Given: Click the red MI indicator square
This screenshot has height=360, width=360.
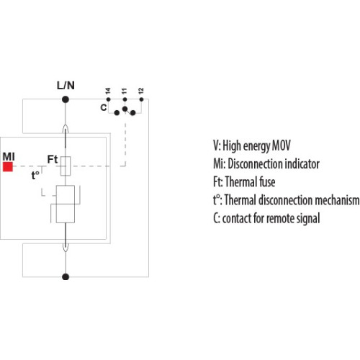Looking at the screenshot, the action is (8, 167).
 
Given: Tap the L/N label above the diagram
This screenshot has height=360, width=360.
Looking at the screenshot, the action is (66, 86).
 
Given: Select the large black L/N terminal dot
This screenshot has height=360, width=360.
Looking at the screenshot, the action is (66, 99).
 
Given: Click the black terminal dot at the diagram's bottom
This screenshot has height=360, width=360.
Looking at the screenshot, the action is (66, 276).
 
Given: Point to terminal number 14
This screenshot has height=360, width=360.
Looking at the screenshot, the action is (108, 91).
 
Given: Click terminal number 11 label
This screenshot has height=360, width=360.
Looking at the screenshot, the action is (124, 91).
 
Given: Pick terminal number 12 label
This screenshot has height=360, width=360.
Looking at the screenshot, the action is (141, 91).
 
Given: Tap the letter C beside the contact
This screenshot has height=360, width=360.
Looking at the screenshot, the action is (104, 107).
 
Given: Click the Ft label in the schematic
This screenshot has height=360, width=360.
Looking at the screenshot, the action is (53, 159).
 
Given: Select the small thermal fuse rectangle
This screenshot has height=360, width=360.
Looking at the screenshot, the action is (66, 166).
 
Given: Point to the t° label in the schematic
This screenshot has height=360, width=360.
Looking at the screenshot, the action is (35, 175).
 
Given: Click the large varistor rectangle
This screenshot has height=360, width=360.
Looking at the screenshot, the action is (66, 204).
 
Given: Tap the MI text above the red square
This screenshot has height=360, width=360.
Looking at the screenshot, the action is (9, 157).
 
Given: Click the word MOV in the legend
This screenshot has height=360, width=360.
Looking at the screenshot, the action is (281, 145).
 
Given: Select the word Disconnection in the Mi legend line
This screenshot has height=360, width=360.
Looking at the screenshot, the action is (255, 164).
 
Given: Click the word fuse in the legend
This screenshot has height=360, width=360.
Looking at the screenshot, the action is (267, 181).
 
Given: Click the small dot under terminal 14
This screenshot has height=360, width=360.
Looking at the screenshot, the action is (108, 99).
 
